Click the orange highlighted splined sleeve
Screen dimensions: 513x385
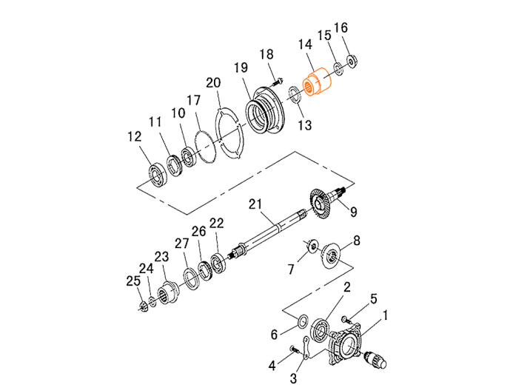coord(317,81)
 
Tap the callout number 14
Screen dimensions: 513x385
coord(305,44)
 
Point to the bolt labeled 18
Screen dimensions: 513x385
coord(277,81)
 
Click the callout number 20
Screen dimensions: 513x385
coord(213,83)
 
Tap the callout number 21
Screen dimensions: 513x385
coord(255,204)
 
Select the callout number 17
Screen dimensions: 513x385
coord(194,100)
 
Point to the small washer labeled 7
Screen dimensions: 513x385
coord(312,246)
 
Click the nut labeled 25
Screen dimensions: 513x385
coord(143,307)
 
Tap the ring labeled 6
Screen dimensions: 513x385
coord(302,321)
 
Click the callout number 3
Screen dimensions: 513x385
coord(293,378)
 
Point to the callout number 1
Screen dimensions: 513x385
coord(385,316)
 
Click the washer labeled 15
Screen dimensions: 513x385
coord(338,68)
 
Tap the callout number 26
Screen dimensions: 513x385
coord(198,231)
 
